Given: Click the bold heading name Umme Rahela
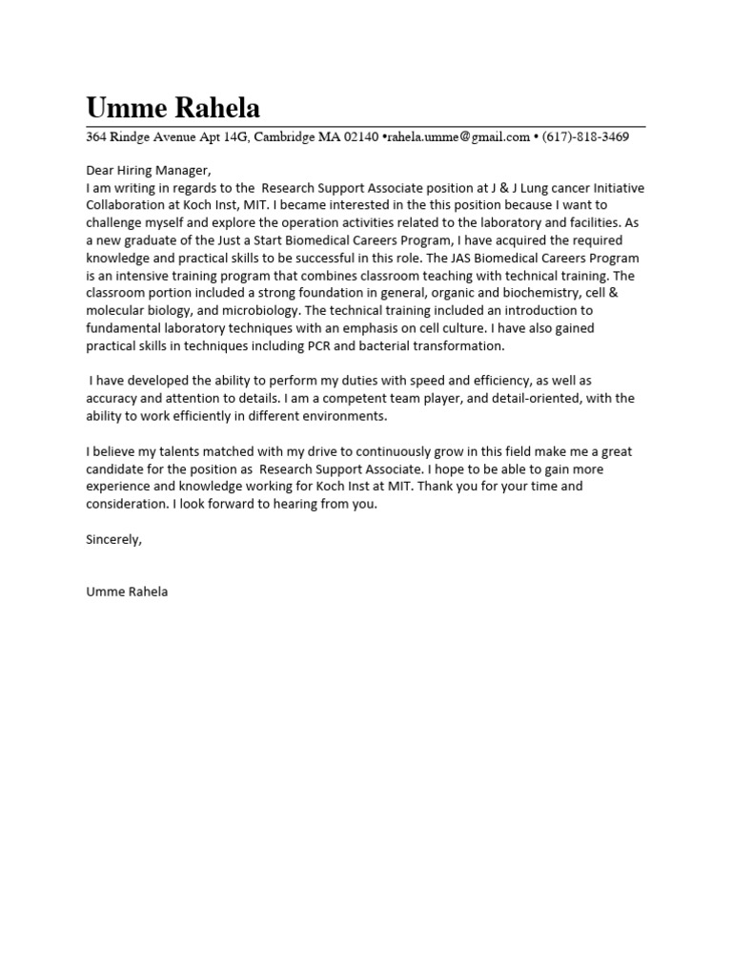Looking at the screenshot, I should pyautogui.click(x=173, y=107).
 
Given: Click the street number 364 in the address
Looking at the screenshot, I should pyautogui.click(x=96, y=137).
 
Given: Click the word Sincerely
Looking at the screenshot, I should pyautogui.click(x=113, y=539).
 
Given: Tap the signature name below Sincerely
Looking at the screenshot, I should pyautogui.click(x=127, y=592).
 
